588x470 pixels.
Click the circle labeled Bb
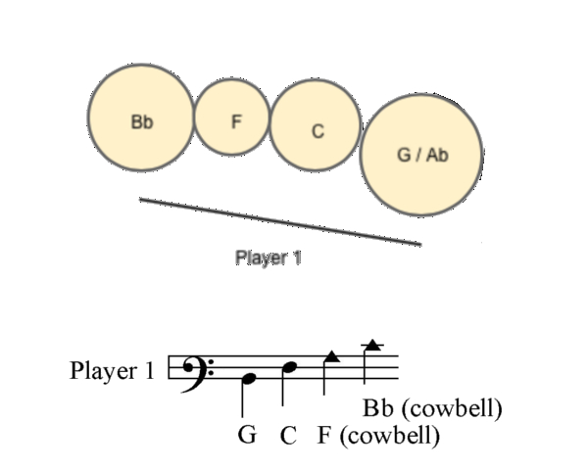click(x=142, y=117)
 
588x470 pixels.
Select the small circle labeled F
click(x=234, y=117)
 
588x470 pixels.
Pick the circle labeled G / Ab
click(x=421, y=156)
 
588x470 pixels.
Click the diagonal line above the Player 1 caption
click(x=280, y=221)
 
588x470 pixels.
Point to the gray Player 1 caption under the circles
click(x=268, y=258)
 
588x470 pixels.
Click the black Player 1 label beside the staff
click(x=112, y=371)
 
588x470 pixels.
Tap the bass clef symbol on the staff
click(x=196, y=370)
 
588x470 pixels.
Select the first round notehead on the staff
click(x=249, y=377)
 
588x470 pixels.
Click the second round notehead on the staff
click(x=288, y=367)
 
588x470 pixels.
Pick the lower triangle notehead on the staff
click(x=331, y=357)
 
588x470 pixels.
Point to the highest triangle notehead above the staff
click(x=371, y=344)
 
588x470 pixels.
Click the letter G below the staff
click(x=247, y=434)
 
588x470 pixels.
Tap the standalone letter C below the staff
click(x=287, y=435)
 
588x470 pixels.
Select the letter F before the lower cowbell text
click(x=323, y=435)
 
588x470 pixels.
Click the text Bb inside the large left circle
click(x=141, y=123)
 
